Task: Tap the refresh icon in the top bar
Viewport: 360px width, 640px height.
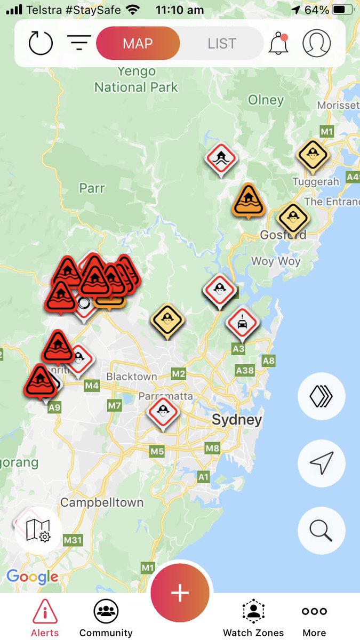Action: click(41, 44)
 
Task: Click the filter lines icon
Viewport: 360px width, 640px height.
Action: click(79, 43)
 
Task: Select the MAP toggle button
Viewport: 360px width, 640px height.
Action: click(138, 44)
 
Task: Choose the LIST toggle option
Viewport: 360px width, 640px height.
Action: click(222, 44)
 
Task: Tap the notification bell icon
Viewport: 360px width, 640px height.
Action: click(278, 44)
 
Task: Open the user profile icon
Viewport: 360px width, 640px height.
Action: click(317, 43)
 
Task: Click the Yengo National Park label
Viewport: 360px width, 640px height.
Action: click(136, 79)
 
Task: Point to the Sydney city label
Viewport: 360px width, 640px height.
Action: click(237, 420)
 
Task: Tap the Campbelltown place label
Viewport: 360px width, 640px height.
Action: click(102, 502)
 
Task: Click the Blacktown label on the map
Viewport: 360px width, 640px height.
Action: click(132, 377)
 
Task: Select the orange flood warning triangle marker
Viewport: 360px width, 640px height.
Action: click(248, 200)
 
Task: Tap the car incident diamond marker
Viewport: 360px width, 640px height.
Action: click(242, 322)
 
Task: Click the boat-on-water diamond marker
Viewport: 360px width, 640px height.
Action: click(221, 157)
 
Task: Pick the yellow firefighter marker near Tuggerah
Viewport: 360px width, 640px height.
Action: click(312, 155)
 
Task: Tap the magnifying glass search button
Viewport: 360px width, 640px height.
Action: click(321, 530)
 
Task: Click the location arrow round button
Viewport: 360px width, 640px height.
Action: click(321, 463)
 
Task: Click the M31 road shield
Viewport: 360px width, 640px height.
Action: click(73, 540)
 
